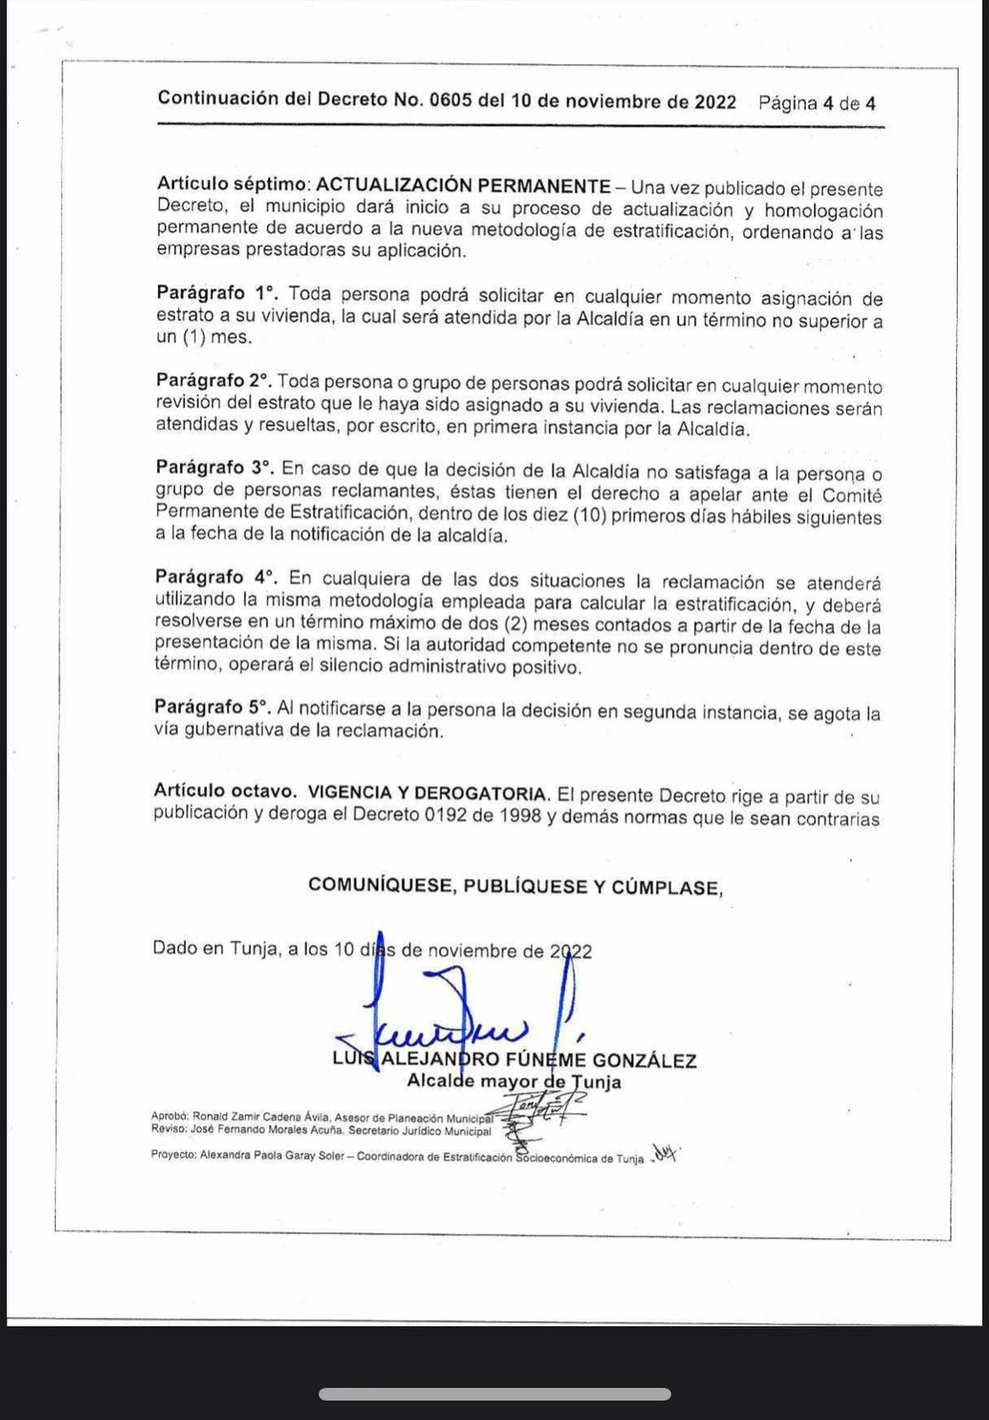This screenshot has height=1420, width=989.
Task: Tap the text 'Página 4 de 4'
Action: [817, 103]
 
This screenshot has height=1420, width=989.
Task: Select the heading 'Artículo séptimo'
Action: [231, 185]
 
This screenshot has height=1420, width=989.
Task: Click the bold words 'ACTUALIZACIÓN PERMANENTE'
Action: [463, 185]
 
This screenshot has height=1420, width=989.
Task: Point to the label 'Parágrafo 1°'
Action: [217, 293]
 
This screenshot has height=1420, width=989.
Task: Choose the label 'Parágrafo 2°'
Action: [213, 381]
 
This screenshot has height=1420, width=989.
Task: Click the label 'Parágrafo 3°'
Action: [214, 467]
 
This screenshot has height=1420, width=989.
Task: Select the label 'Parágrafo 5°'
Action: [211, 707]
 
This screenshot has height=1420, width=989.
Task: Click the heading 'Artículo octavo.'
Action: [224, 790]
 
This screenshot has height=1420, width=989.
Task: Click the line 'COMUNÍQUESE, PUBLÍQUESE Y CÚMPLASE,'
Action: [515, 886]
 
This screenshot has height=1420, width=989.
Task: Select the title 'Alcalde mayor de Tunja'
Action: [514, 1082]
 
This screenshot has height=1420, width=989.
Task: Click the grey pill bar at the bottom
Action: [494, 1394]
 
